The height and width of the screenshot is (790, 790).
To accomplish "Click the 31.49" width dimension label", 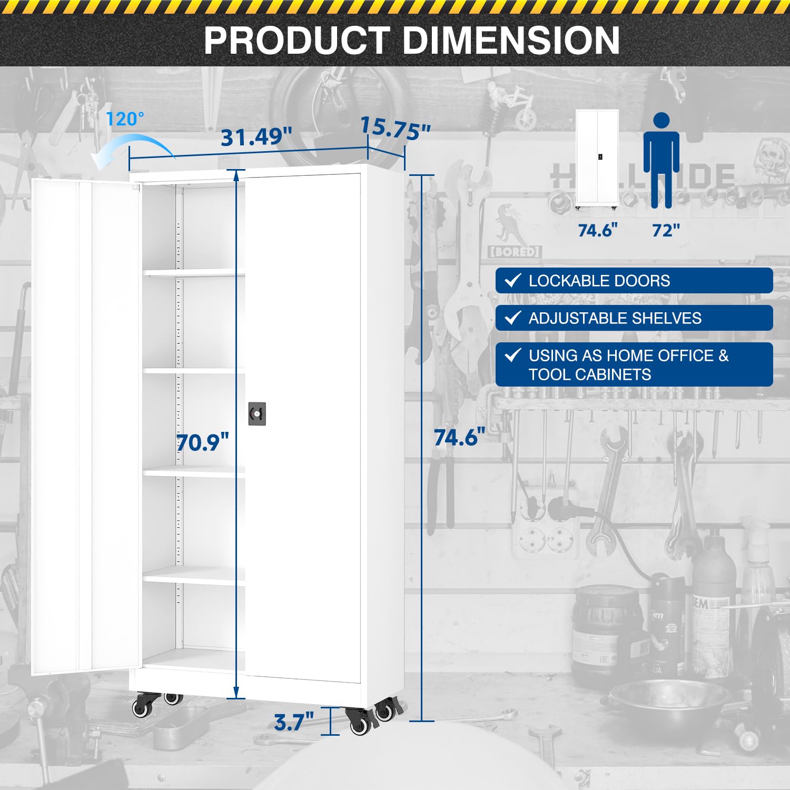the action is [x=256, y=137].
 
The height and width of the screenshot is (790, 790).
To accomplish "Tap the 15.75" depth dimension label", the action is [x=395, y=129].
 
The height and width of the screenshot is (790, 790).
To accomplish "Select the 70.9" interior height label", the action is [x=203, y=442].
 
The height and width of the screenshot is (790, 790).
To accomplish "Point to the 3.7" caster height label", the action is [x=294, y=722].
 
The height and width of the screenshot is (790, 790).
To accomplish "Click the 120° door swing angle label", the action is [x=125, y=119].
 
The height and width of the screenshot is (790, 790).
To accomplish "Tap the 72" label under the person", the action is [x=666, y=230].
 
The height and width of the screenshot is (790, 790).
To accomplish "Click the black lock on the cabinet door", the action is [x=257, y=414].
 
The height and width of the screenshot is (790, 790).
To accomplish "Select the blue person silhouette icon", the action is [x=661, y=160].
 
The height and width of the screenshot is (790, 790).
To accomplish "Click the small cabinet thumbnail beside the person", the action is [x=597, y=160].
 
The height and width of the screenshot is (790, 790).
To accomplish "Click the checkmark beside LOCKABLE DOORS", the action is [x=513, y=280].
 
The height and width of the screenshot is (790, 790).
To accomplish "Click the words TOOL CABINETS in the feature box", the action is [x=590, y=374].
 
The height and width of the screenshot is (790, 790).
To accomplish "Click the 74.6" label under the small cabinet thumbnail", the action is [x=597, y=230].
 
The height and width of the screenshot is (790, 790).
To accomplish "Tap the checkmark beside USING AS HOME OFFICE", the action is [x=513, y=355].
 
